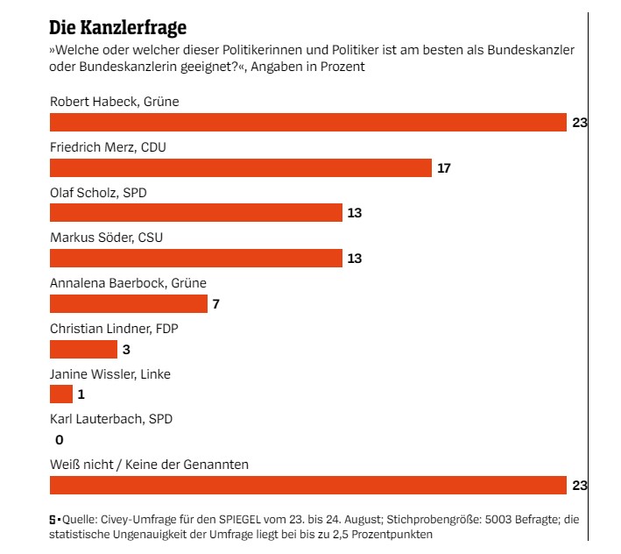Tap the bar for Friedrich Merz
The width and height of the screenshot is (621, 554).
click(x=241, y=167)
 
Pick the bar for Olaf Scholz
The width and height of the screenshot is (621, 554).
click(x=195, y=213)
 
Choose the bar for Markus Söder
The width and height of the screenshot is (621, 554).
click(x=195, y=258)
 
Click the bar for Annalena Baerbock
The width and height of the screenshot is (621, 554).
click(x=128, y=303)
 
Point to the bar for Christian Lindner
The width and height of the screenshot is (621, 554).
click(x=83, y=349)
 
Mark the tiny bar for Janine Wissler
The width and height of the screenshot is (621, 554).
click(x=61, y=394)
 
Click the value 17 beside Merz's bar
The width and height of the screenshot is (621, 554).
click(x=443, y=167)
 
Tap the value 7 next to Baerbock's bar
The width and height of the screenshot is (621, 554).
click(x=216, y=303)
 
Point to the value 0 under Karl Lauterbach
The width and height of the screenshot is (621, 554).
click(x=59, y=440)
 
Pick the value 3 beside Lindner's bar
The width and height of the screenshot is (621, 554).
click(x=126, y=349)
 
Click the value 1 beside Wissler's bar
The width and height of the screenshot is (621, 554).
click(x=81, y=394)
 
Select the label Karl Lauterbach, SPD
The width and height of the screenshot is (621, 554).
click(x=111, y=418)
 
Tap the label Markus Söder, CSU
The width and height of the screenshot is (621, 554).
click(x=106, y=238)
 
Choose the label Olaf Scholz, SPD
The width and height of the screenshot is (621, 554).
click(x=99, y=193)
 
